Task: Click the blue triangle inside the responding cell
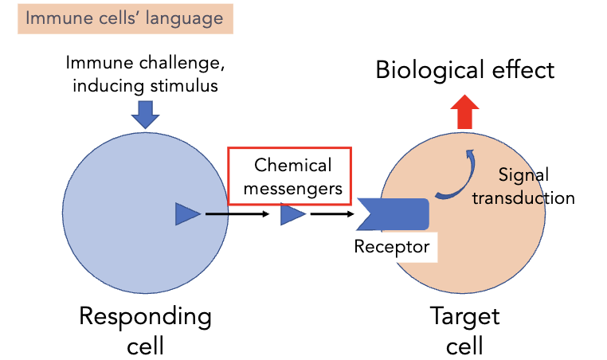(x=186, y=213)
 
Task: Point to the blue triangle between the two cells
(x=292, y=213)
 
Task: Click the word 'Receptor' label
(x=392, y=247)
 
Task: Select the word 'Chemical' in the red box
(x=292, y=166)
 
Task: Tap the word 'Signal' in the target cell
(x=523, y=174)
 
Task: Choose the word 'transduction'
(x=523, y=198)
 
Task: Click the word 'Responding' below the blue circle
(x=145, y=316)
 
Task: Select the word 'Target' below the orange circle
(x=464, y=316)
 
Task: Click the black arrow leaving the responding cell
(x=237, y=213)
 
